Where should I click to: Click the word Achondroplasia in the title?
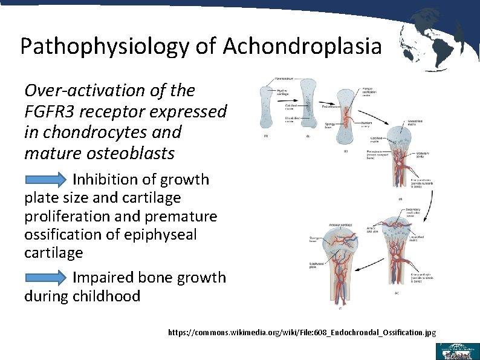302,46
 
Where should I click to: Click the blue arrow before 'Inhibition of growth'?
47,180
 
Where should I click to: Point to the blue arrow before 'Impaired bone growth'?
47,278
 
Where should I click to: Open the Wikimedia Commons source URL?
302,333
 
